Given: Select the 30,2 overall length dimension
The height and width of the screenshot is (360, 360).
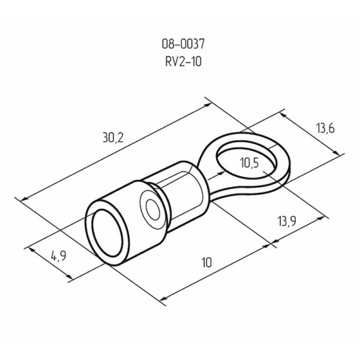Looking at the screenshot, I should click(x=112, y=137).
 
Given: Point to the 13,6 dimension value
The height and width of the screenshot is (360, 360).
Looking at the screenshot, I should click(x=323, y=128).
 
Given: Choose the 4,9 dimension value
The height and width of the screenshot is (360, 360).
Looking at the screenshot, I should click(x=58, y=257).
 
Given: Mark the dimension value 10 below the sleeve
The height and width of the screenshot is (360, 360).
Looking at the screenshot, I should click(x=206, y=262).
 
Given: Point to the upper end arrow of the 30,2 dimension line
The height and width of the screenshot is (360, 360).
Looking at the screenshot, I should click(x=206, y=99).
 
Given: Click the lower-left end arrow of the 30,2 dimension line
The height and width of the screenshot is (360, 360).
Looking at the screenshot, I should click(x=24, y=198).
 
